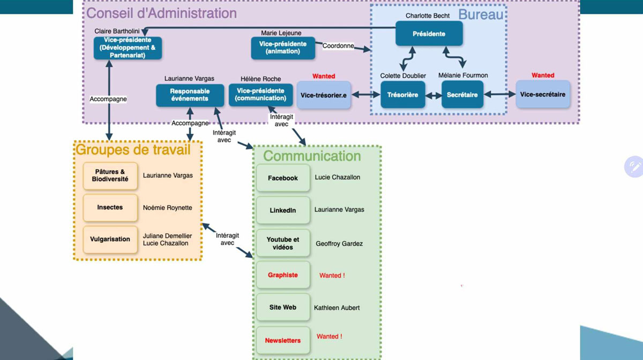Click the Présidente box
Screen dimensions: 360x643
coord(429,34)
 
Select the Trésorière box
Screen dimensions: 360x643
coord(402,95)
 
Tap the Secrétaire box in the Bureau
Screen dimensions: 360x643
coord(462,95)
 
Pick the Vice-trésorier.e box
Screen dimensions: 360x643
coord(324,95)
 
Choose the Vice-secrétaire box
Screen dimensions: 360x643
coord(543,95)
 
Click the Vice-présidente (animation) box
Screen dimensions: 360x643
coord(283,48)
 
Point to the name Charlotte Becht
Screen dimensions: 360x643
coord(428,16)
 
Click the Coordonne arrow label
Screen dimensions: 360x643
coord(338,46)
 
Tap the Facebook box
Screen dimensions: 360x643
coord(283,178)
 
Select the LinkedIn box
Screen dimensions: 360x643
coord(283,211)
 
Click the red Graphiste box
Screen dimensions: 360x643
coord(283,275)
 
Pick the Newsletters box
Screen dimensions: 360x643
coord(283,340)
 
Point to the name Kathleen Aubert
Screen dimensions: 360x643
coord(337,307)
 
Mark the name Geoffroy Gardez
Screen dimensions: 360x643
coord(339,243)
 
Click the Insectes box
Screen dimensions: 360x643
coord(110,207)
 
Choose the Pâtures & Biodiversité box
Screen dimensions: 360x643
coord(110,176)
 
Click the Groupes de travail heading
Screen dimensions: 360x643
coord(133,149)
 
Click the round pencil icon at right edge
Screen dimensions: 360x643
coord(634,167)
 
